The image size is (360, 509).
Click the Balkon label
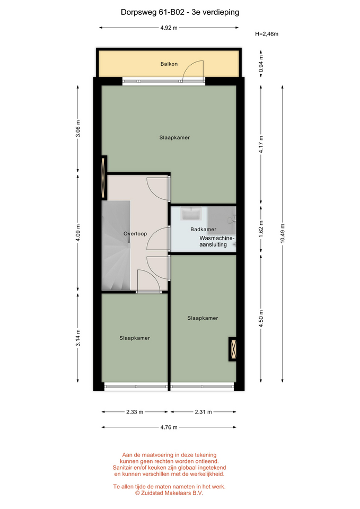[169, 64]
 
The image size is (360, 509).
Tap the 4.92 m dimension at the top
[169, 28]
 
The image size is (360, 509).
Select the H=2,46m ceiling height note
[267, 34]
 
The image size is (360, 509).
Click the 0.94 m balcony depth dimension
[261, 64]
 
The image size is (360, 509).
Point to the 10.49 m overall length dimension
[283, 233]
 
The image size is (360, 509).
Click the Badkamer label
[203, 230]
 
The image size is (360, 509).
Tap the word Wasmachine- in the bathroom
[217, 238]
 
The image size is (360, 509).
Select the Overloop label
[135, 234]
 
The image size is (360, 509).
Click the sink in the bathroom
[191, 214]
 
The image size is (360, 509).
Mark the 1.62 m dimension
[261, 229]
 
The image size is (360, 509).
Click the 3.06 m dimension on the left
[78, 128]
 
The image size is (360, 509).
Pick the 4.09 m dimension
[78, 233]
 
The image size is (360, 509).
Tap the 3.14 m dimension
[78, 338]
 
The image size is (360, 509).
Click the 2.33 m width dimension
[135, 412]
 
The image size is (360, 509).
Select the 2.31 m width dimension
[203, 412]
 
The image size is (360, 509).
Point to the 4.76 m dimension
[169, 427]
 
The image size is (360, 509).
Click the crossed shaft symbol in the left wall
[104, 177]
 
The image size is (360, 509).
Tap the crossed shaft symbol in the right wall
[232, 349]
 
